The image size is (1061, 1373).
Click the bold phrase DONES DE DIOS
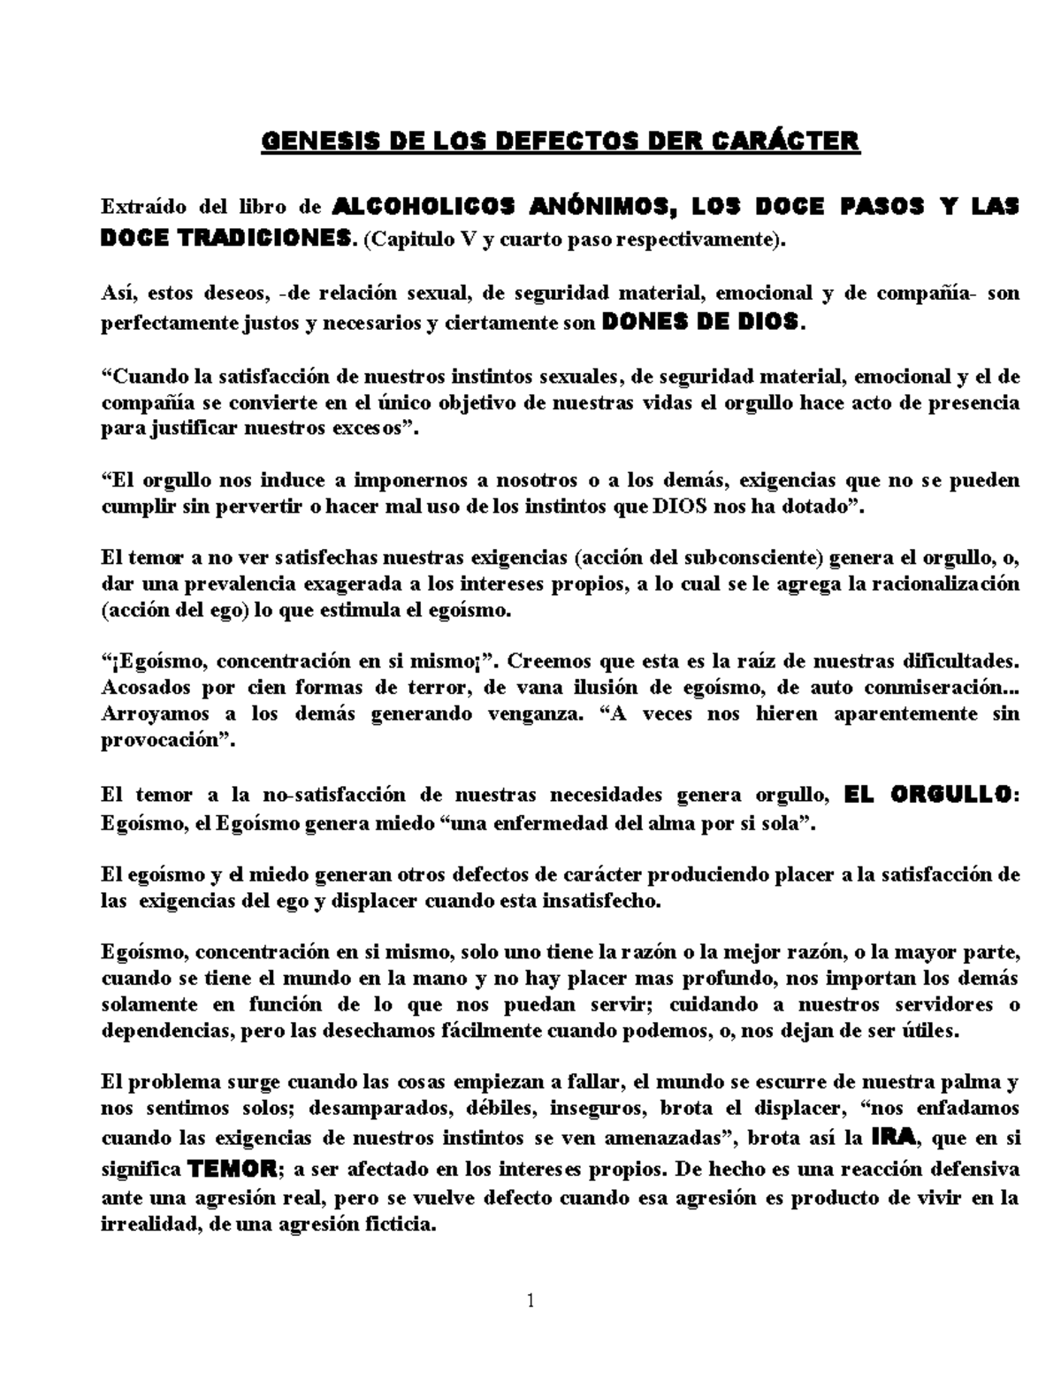tap(703, 323)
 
